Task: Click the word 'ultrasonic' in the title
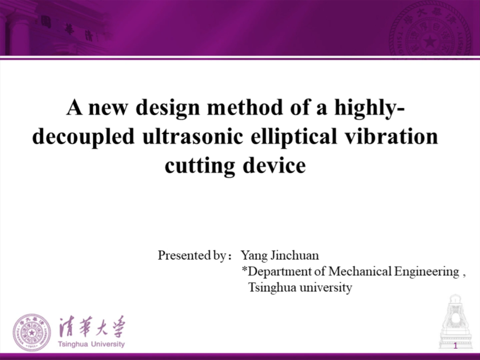(x=192, y=136)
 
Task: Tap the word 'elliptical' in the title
(x=294, y=137)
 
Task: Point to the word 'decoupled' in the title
(x=83, y=137)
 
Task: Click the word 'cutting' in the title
(x=200, y=166)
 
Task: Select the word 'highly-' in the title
(x=369, y=108)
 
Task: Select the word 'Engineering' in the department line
(x=427, y=272)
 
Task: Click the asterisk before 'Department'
(x=244, y=269)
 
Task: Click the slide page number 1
(x=456, y=346)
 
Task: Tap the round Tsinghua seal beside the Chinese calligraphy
(x=32, y=332)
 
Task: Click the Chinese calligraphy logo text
(x=92, y=327)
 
